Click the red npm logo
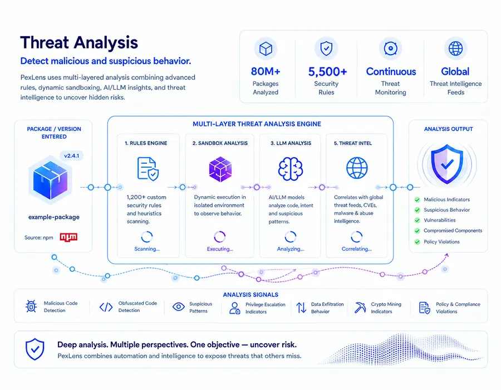point(68,237)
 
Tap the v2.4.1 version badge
point(72,155)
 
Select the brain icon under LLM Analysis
point(291,168)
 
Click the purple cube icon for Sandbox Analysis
point(220,169)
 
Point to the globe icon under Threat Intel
point(357,168)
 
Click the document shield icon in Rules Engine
point(148,169)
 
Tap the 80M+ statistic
point(266,71)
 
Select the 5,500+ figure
point(327,72)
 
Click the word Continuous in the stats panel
point(391,71)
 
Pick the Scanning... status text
point(147,248)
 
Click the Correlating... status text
point(357,248)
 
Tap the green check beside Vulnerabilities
point(417,220)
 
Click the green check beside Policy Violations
point(417,242)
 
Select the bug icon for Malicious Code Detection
point(31,306)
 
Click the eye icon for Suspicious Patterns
point(179,307)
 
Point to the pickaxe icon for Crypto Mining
point(360,308)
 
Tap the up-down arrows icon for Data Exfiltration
point(301,308)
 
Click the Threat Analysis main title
point(79,42)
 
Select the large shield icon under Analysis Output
point(447,164)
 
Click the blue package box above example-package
point(50,179)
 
